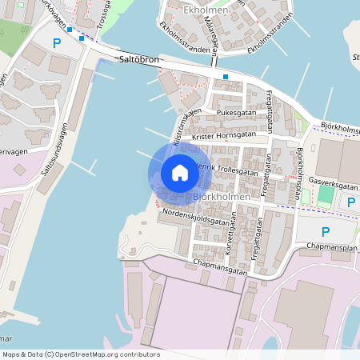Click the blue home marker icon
click(180, 172)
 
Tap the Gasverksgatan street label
click(330, 183)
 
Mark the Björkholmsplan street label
click(301, 172)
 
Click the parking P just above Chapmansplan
click(325, 232)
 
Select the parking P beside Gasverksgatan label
click(352, 202)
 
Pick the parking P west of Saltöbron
click(56, 44)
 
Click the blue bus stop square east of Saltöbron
click(226, 77)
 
